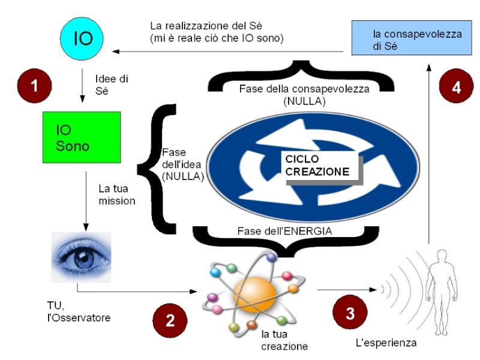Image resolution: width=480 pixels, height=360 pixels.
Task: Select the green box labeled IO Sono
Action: click(x=82, y=137)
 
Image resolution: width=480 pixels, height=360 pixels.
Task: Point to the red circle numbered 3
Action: click(x=349, y=312)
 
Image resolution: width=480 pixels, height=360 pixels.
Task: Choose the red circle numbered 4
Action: click(x=456, y=87)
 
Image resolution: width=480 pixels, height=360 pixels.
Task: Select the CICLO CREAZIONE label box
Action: click(x=317, y=166)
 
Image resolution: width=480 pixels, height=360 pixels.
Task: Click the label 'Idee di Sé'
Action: click(x=112, y=83)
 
